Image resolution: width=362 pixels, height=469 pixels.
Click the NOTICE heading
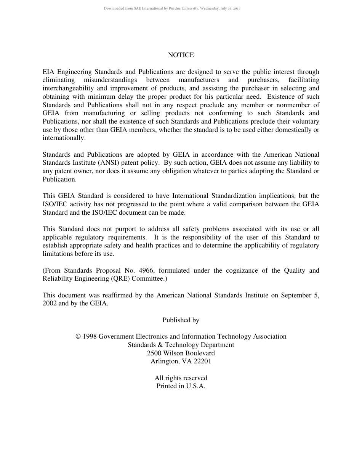click(181, 55)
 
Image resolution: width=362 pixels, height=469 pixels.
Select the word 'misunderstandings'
click(110, 80)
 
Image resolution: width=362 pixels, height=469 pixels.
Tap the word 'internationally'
click(64, 138)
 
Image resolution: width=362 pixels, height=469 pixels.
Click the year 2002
click(50, 304)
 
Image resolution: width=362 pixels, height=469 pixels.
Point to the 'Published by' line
click(181, 320)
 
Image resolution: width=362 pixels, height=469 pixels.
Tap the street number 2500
click(154, 353)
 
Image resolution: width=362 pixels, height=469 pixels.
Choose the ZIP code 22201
click(202, 361)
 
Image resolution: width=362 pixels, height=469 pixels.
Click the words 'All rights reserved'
click(181, 378)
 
